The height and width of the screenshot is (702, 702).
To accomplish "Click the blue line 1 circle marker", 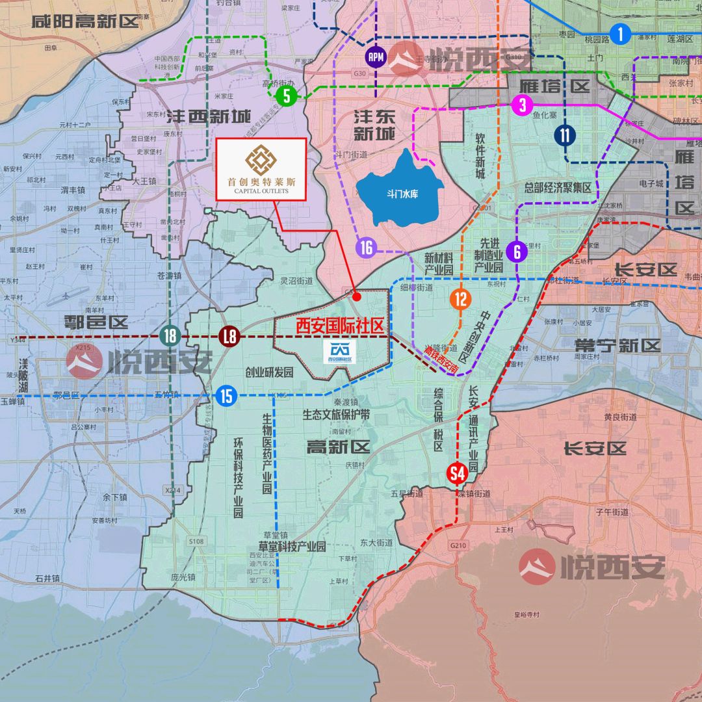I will tap(621, 34).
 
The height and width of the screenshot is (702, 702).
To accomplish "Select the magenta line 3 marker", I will tap(522, 104).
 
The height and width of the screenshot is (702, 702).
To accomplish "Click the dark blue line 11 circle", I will tap(565, 135).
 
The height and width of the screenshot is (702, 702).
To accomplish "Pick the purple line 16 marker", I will tap(366, 247).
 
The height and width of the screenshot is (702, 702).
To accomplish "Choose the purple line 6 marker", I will tap(517, 252).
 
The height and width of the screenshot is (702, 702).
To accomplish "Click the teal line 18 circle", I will tap(170, 336).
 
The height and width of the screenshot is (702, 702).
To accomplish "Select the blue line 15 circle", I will tap(226, 395).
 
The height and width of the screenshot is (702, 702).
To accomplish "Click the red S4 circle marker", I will tap(458, 474).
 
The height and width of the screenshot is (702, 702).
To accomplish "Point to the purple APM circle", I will tap(376, 57).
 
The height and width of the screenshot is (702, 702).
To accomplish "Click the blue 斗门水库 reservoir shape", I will tap(399, 189).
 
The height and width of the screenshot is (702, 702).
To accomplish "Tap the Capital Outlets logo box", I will tap(261, 168).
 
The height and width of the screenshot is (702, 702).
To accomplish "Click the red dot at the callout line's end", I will tap(356, 296).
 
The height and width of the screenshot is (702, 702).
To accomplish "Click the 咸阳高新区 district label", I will tap(85, 21).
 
